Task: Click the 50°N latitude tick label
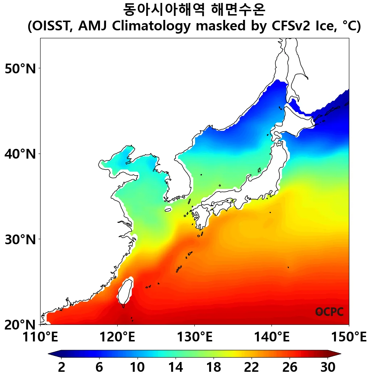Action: click(21, 68)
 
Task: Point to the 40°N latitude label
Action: click(21, 154)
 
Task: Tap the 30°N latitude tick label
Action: click(21, 239)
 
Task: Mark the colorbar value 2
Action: click(62, 367)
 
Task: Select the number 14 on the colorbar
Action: click(176, 367)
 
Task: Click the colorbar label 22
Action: click(252, 367)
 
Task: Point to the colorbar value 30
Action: click(328, 367)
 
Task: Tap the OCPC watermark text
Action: click(329, 312)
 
